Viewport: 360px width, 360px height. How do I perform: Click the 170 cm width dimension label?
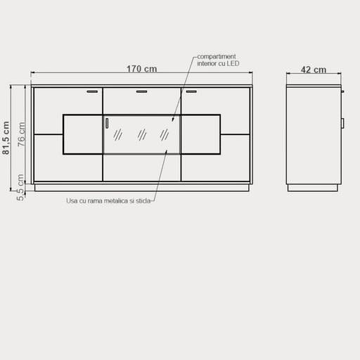(142, 69)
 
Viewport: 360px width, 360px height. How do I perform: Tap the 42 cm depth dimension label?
(314, 70)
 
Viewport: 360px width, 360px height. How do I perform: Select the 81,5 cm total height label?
(6, 138)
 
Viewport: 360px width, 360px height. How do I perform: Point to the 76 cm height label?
(21, 134)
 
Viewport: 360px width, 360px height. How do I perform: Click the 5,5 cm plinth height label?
(20, 187)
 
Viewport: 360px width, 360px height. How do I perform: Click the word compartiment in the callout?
(217, 56)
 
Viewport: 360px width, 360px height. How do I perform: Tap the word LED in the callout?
(233, 63)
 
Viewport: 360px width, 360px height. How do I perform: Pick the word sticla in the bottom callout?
(143, 201)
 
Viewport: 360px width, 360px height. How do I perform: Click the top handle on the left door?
(92, 91)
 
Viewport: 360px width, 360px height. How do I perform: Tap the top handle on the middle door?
(142, 91)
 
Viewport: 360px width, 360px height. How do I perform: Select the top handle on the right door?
(191, 91)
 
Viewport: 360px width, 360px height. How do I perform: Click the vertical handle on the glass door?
(107, 123)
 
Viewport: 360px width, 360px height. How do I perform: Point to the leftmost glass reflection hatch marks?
(117, 134)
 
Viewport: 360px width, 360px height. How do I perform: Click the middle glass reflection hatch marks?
(142, 134)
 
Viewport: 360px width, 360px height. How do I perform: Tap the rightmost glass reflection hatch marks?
(165, 134)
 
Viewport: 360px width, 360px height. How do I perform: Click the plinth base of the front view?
(142, 188)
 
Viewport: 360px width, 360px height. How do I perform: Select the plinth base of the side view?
(313, 188)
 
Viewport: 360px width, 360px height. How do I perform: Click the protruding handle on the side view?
(342, 123)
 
